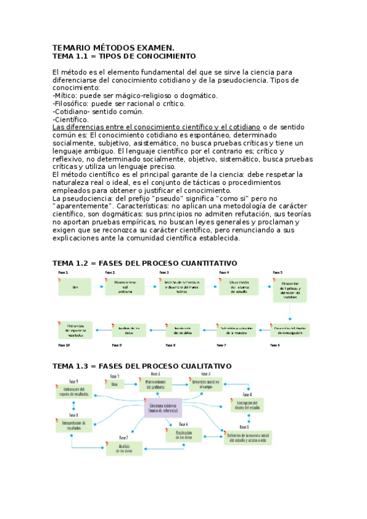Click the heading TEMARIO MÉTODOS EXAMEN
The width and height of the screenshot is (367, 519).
click(113, 48)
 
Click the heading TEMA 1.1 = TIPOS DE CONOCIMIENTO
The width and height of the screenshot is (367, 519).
click(124, 56)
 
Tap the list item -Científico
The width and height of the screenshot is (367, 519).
click(71, 119)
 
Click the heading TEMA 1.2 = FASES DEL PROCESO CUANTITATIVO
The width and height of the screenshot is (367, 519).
click(145, 263)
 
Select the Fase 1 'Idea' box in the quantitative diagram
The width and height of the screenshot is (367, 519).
click(75, 286)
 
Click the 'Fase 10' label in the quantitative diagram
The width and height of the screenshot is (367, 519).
click(64, 345)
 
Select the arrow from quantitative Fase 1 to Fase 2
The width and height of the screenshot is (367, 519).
click(99, 286)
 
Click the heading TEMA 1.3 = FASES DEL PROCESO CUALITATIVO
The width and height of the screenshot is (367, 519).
click(142, 366)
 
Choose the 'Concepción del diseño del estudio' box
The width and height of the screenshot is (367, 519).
click(251, 406)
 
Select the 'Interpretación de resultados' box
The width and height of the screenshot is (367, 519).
click(74, 425)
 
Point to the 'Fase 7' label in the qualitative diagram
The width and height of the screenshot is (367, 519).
click(124, 438)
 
